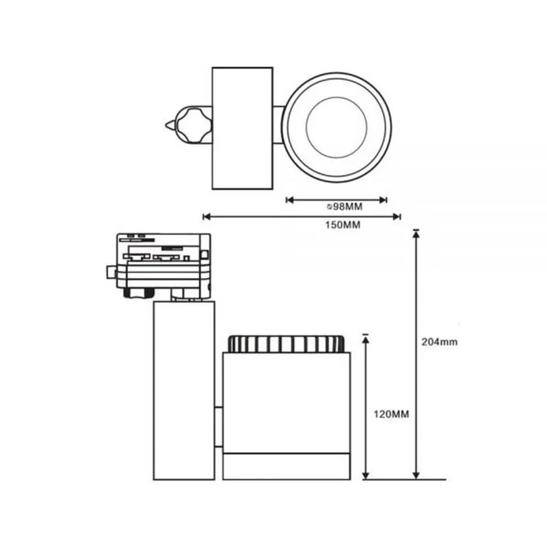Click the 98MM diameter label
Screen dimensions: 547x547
tap(345, 206)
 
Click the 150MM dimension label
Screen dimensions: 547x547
tap(343, 225)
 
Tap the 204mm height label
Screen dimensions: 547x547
tap(439, 341)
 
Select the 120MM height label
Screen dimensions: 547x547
tap(391, 414)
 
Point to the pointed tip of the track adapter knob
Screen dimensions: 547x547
tap(166, 125)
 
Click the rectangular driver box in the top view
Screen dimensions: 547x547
tap(243, 128)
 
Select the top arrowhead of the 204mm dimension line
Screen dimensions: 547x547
tap(416, 235)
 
